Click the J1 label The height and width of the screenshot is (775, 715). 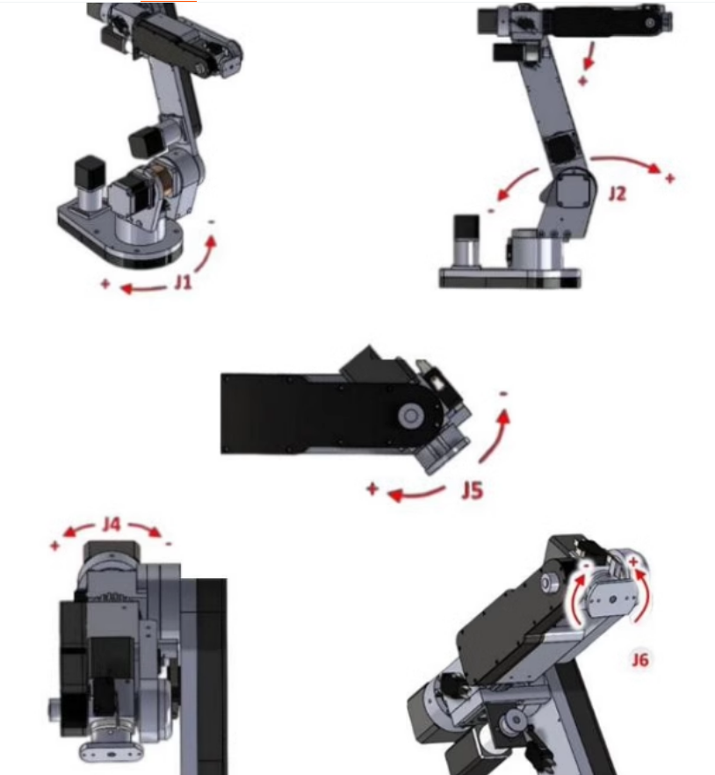tap(183, 282)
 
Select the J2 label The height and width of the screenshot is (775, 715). tap(617, 193)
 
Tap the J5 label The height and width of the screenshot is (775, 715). tap(472, 491)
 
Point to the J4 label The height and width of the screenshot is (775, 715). tap(112, 524)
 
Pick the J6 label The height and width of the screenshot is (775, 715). tap(640, 659)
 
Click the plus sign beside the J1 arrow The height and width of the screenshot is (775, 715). tap(105, 284)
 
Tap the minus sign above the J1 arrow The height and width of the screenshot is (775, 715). tap(212, 222)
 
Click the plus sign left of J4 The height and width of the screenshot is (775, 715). tap(54, 546)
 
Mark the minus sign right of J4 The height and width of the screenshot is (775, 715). tap(169, 544)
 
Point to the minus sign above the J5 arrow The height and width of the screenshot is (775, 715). tap(503, 394)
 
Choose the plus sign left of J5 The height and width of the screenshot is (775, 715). tap(372, 489)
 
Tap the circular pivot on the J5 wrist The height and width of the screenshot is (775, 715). tap(410, 415)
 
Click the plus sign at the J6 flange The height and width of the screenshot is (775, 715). tap(633, 561)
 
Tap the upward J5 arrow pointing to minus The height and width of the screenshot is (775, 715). tap(496, 438)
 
